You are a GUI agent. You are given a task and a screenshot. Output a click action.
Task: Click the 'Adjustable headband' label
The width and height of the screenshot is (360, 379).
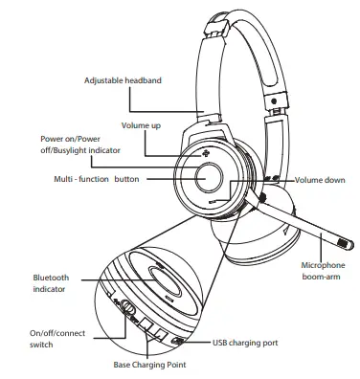123,80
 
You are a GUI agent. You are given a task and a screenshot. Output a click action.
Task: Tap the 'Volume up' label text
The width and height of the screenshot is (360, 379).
142,126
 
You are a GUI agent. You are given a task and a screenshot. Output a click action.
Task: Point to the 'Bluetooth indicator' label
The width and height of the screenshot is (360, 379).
51,283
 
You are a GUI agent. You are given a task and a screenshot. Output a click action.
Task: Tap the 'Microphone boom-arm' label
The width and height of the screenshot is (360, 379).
322,270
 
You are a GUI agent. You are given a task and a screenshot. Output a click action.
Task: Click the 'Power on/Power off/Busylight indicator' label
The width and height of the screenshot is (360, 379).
80,145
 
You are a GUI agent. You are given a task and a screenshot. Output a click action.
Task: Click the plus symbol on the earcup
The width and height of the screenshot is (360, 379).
204,153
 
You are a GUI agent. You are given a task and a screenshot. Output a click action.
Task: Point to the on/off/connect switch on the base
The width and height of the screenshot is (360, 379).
126,308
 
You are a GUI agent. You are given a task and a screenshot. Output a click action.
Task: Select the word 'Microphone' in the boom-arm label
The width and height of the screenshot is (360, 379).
323,264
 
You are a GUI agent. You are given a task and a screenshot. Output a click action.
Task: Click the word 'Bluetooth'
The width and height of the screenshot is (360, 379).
51,278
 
